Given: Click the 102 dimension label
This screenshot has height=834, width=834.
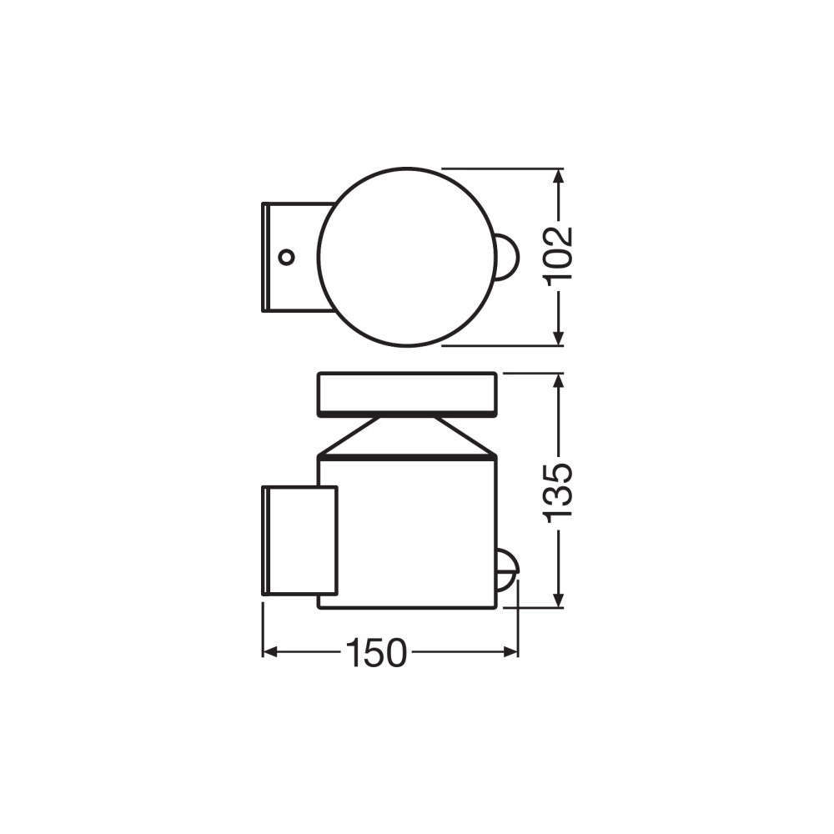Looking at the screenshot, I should point(560,255).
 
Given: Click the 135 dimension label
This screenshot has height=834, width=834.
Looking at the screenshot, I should point(560,492).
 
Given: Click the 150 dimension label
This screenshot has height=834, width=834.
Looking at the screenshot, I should point(376,653).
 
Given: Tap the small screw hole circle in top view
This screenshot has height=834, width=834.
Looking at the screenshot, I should point(286,256).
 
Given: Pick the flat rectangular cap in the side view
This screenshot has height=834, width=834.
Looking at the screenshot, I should point(408,394).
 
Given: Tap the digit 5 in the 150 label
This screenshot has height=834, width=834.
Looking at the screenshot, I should point(376,653).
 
